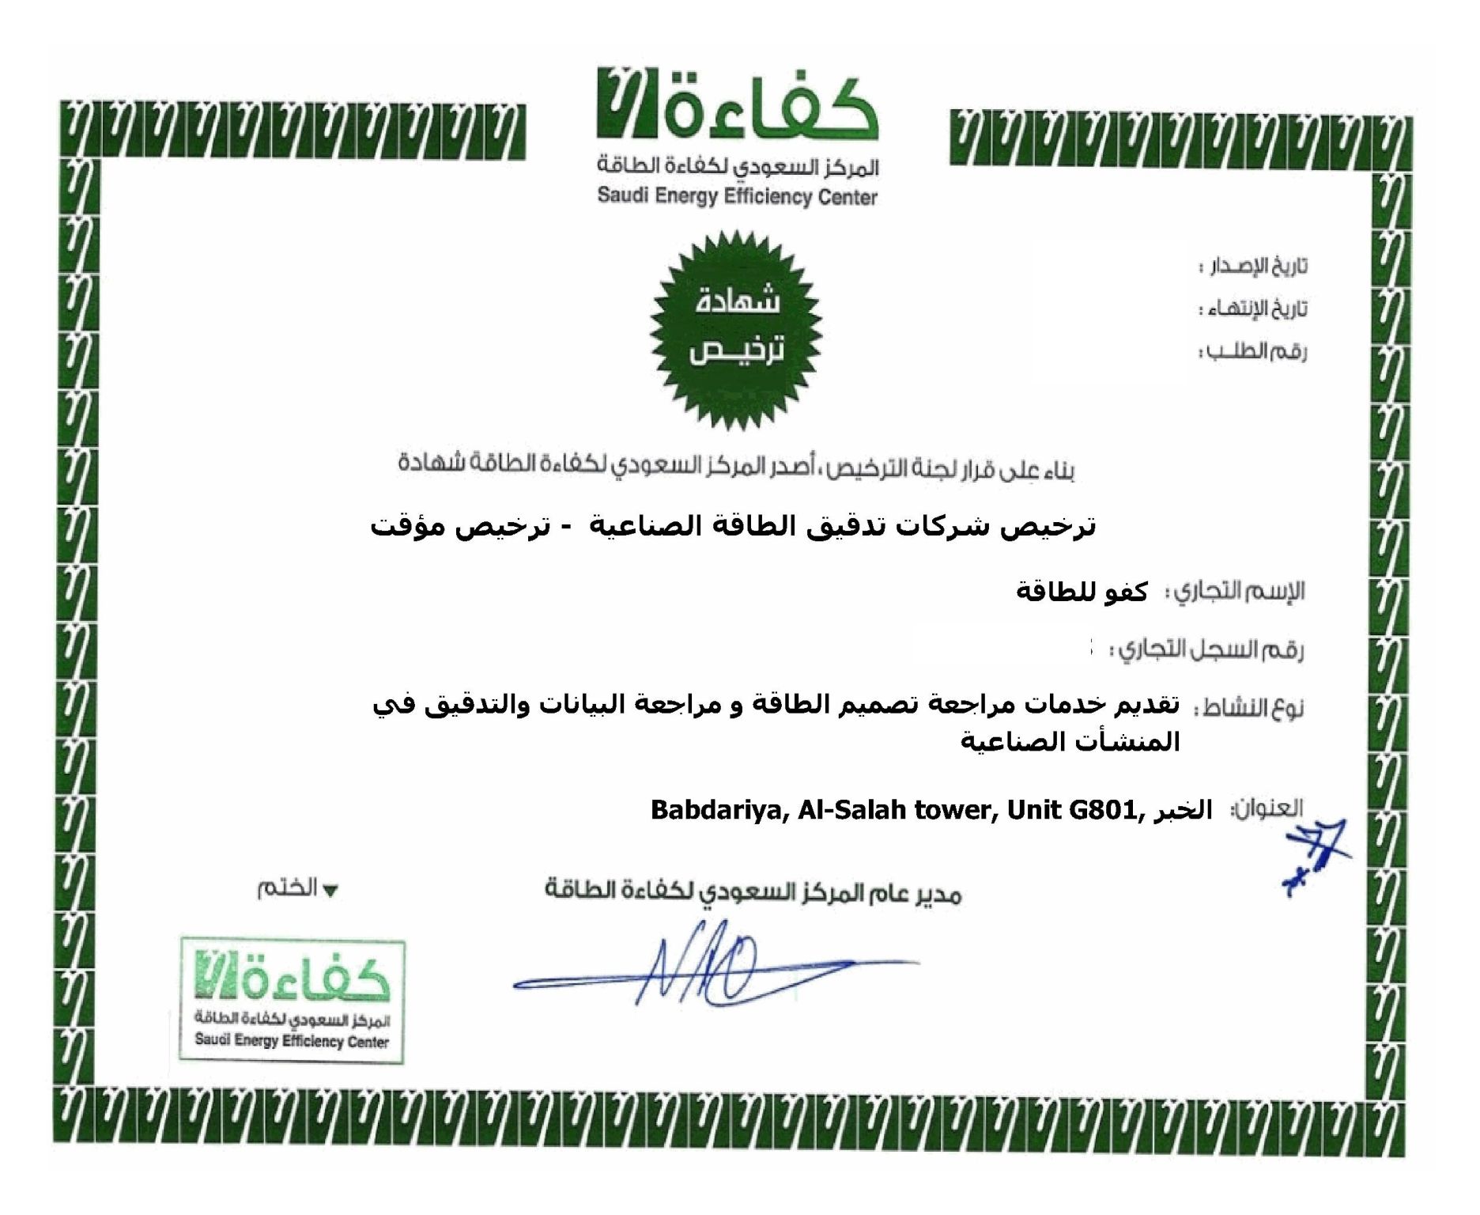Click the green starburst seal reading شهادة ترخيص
[x=736, y=329]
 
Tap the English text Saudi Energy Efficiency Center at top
[x=737, y=196]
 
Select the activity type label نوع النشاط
[x=1248, y=707]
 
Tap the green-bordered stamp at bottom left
[x=293, y=1001]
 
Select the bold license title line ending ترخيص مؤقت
[x=733, y=527]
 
